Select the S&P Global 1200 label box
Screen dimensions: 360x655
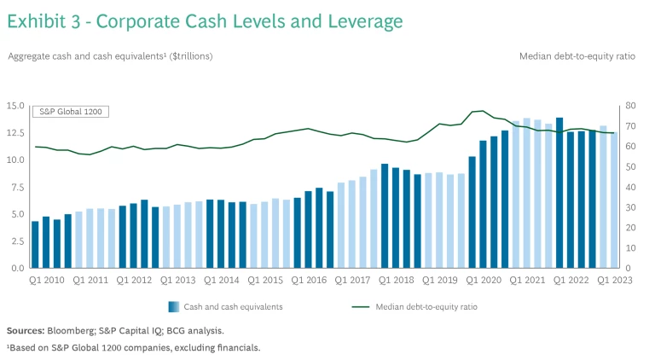click(70, 112)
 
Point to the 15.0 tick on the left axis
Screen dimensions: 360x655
click(16, 106)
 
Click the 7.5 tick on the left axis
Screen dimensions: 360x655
click(19, 187)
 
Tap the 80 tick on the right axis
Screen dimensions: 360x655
click(631, 106)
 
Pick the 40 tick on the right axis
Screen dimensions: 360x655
click(631, 187)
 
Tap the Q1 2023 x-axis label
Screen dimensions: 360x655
click(613, 280)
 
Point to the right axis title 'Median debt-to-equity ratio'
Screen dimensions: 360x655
click(578, 56)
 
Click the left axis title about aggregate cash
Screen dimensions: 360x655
click(110, 56)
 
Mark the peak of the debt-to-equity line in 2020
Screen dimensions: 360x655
click(482, 111)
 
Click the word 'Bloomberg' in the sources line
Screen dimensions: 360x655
click(73, 330)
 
